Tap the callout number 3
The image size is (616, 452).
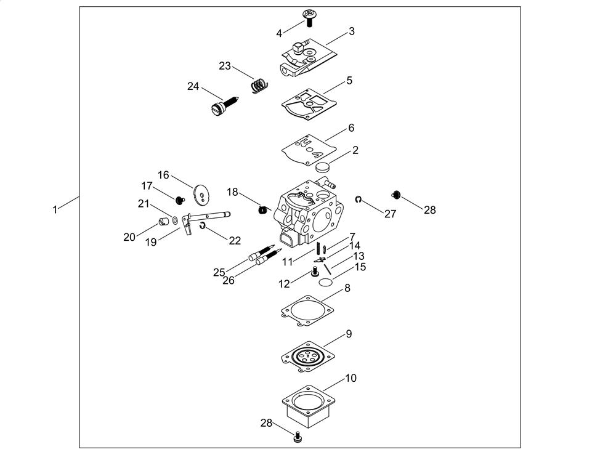pyautogui.click(x=351, y=31)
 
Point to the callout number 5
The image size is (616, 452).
pyautogui.click(x=349, y=80)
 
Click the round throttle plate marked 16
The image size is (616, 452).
pyautogui.click(x=200, y=193)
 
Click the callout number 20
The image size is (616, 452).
pyautogui.click(x=129, y=236)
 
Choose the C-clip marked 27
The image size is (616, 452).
pyautogui.click(x=359, y=200)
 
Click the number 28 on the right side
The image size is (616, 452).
pyautogui.click(x=429, y=210)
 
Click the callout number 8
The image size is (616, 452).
pyautogui.click(x=347, y=288)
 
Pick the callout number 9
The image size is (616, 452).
pyautogui.click(x=349, y=334)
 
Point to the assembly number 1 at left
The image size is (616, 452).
pyautogui.click(x=55, y=209)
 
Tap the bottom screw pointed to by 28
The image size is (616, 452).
pyautogui.click(x=298, y=437)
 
